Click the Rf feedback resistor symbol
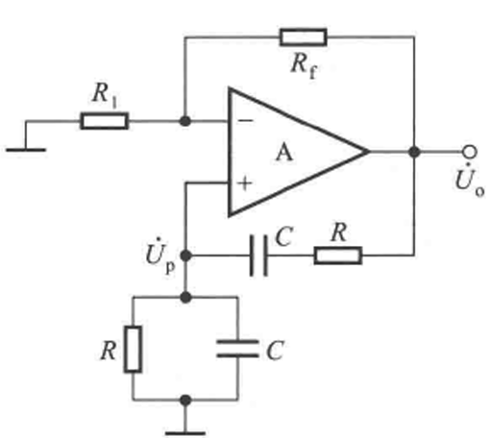(304, 37)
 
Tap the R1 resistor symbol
(105, 121)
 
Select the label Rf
(304, 66)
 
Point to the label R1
(105, 95)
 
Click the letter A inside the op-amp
(284, 153)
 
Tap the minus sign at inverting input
(246, 120)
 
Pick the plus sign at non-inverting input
(245, 183)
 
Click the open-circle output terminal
(470, 152)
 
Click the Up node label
(160, 256)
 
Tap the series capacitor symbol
(258, 255)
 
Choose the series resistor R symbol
(338, 255)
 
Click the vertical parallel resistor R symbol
(133, 350)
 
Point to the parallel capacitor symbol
(237, 349)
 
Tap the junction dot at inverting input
(185, 121)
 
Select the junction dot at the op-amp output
(414, 152)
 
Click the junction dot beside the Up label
(185, 255)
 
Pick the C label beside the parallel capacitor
(275, 351)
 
